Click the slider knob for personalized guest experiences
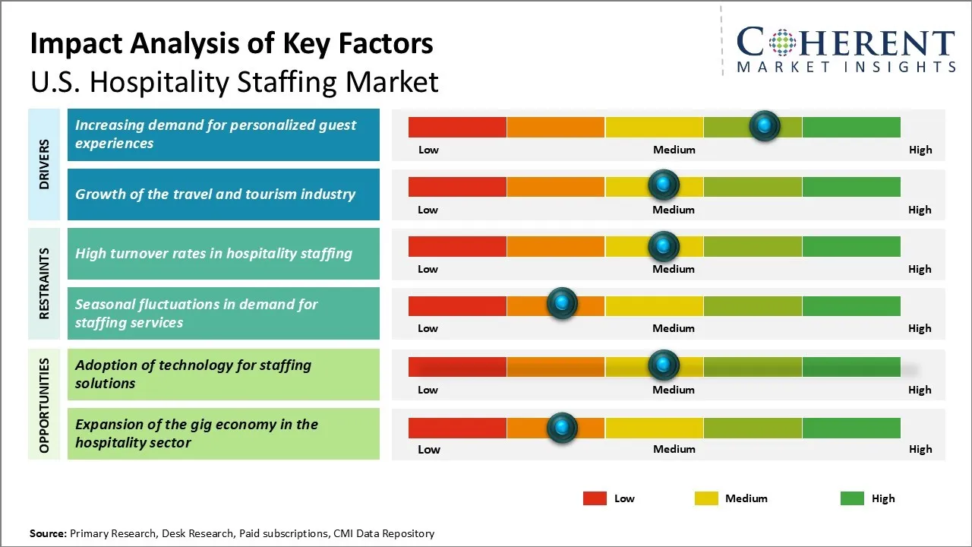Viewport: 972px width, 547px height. coord(765,125)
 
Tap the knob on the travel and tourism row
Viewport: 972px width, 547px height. coord(664,185)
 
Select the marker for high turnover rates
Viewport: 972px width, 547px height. coord(664,245)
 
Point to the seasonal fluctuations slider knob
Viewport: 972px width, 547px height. coord(562,304)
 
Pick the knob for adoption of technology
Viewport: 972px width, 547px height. coord(664,365)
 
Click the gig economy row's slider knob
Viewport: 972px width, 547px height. coord(562,428)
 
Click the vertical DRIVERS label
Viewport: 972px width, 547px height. coord(45,164)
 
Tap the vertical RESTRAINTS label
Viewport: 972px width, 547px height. coord(45,283)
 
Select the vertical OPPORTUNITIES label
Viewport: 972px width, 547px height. coord(45,406)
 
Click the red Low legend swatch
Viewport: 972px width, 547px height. coord(595,498)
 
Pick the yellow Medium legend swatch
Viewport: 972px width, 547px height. coord(706,498)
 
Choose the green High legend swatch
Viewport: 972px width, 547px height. coord(852,498)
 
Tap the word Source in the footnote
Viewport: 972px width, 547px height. coord(47,533)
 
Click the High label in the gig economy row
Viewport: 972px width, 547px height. coord(920,449)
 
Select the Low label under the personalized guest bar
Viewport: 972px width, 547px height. coord(428,150)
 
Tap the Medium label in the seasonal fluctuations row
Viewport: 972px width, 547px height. coord(674,328)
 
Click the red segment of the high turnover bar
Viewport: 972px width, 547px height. coord(457,246)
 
